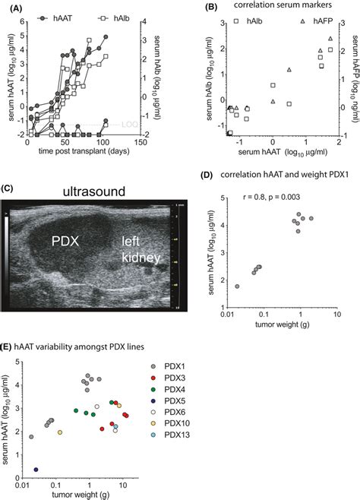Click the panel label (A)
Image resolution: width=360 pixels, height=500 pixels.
pos(11,6)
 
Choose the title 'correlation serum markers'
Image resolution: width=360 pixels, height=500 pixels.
pos(272,7)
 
